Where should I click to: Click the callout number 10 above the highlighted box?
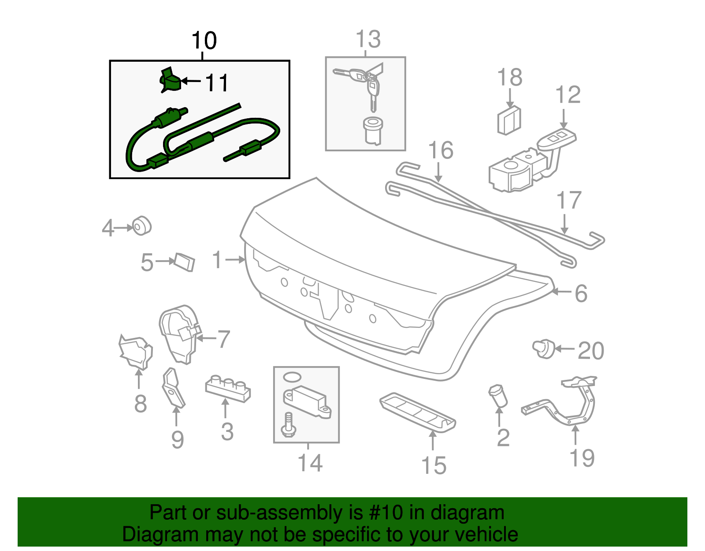(x=204, y=41)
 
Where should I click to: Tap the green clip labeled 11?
(x=170, y=81)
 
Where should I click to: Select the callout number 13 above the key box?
(x=368, y=39)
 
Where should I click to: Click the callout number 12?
(x=568, y=95)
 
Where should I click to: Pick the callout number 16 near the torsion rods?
(x=441, y=150)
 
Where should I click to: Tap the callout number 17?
(x=569, y=201)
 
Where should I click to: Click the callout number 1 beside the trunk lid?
(x=217, y=260)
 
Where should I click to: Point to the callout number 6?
(x=581, y=293)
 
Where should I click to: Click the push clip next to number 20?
(x=544, y=349)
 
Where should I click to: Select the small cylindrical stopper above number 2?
(x=498, y=395)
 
